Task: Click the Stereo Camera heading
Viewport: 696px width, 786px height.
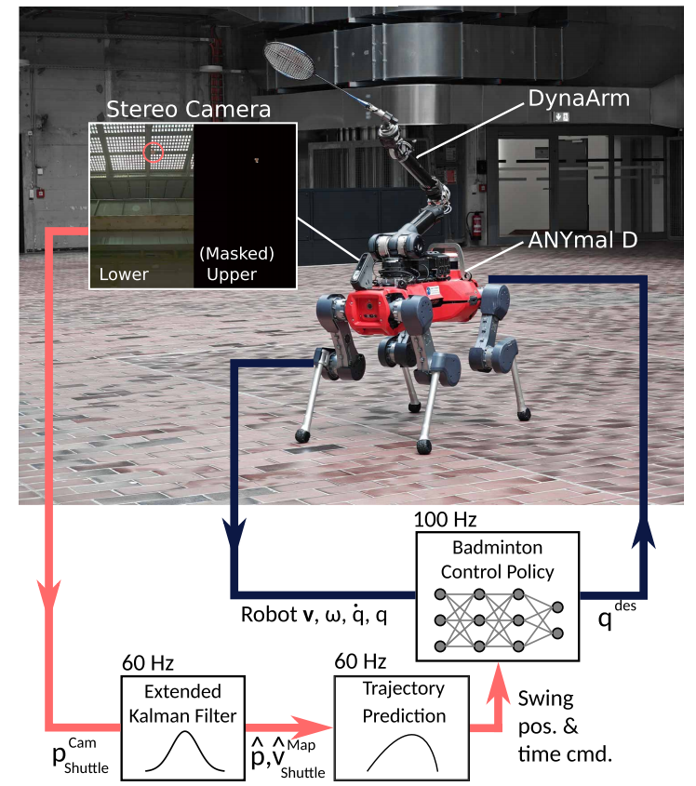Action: coord(189,109)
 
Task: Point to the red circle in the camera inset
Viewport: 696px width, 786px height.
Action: coord(154,153)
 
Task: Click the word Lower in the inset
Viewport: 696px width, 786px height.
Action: coord(125,274)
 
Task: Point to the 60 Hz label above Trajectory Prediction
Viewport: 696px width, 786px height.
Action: coord(360,662)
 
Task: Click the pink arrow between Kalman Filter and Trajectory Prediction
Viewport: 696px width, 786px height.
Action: coord(288,724)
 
